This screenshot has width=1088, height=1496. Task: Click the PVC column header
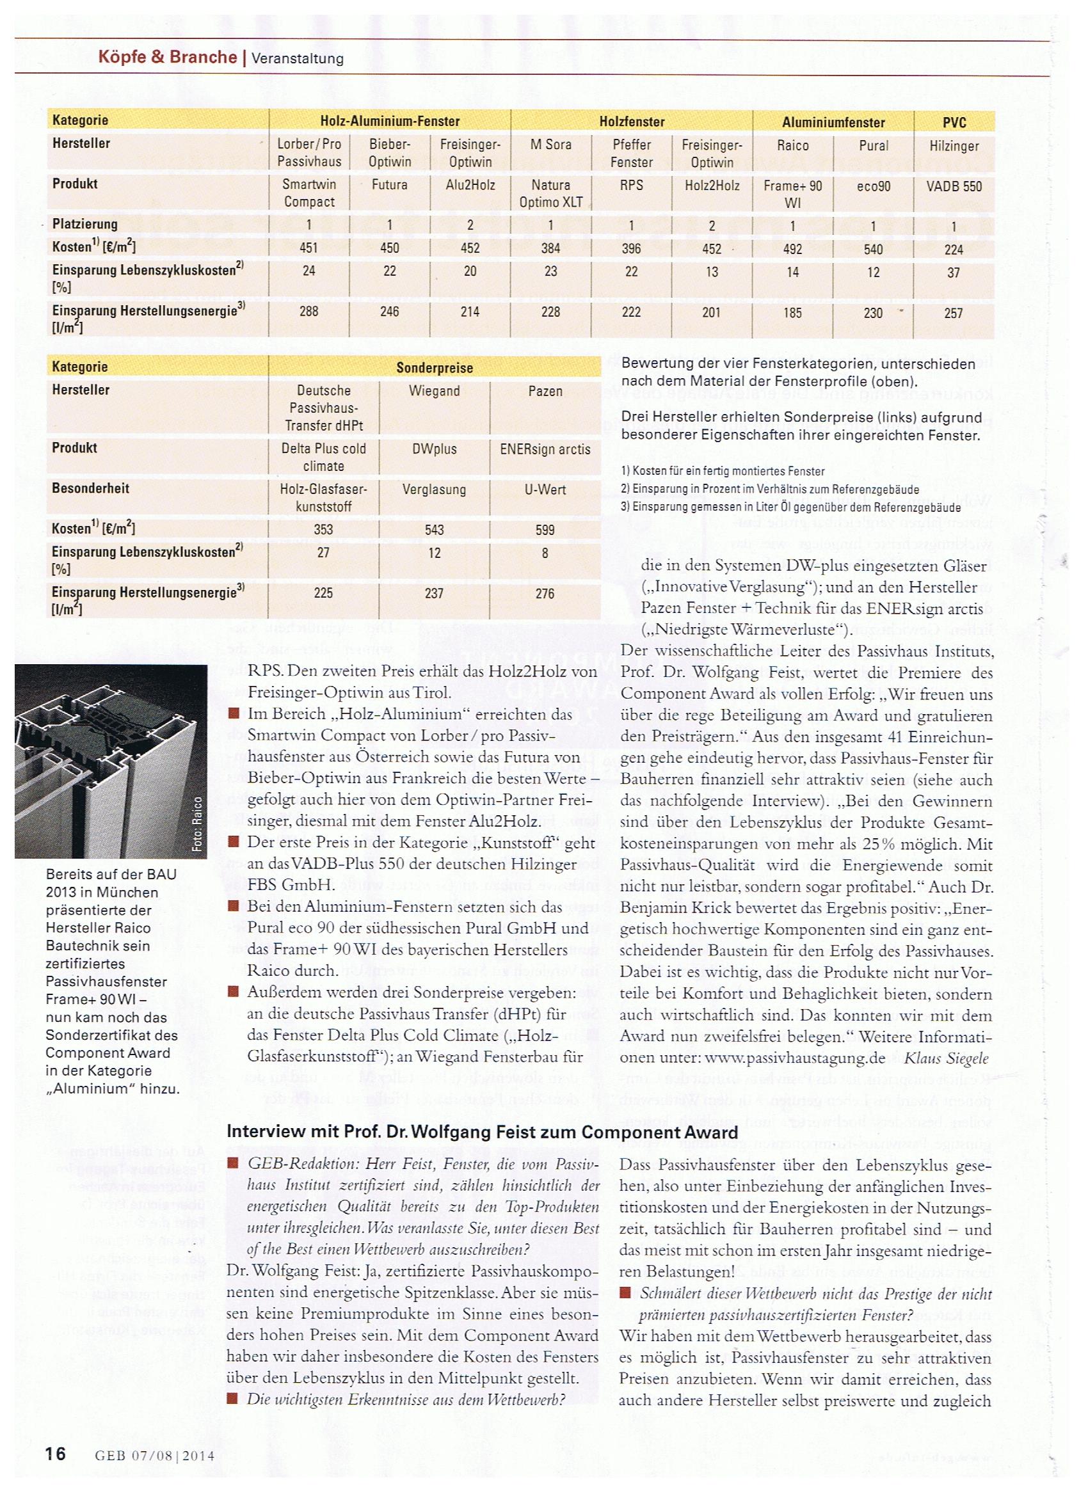click(954, 122)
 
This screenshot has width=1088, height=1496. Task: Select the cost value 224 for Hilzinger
click(954, 250)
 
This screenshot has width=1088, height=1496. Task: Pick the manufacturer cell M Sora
click(550, 145)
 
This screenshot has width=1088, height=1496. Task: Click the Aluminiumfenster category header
click(833, 122)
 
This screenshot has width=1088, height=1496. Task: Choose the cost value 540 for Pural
click(873, 250)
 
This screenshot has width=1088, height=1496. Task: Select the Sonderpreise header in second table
click(434, 367)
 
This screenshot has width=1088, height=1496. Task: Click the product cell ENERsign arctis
click(545, 450)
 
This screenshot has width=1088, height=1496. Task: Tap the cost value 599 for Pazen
click(545, 530)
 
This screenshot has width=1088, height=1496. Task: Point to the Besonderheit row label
click(90, 489)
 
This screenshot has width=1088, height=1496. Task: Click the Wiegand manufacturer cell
click(434, 391)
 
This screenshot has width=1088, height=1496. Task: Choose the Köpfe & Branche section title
click(167, 57)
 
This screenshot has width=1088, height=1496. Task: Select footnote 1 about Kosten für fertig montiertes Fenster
click(723, 471)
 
